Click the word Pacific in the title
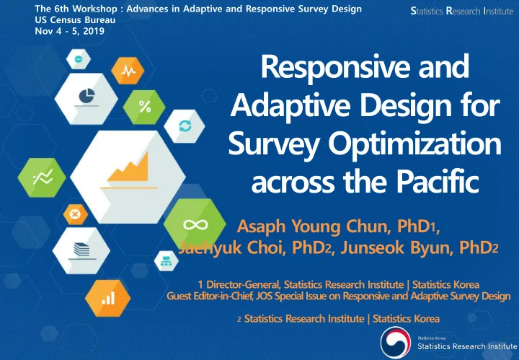point(438,182)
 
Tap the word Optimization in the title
point(414,144)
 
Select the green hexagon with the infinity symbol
point(195,225)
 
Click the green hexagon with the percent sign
point(144,107)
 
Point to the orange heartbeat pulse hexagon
point(128,71)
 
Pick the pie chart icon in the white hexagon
point(86,96)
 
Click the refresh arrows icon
point(185,126)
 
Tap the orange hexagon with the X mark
point(76,214)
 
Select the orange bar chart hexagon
point(108,298)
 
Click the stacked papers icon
point(81,250)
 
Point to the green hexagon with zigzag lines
point(42,177)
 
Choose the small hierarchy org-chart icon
point(166,261)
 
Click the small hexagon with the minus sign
point(79,59)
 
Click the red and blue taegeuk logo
point(396,343)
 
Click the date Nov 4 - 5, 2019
point(69,31)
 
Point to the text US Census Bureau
point(75,20)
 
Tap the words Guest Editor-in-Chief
point(210,296)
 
